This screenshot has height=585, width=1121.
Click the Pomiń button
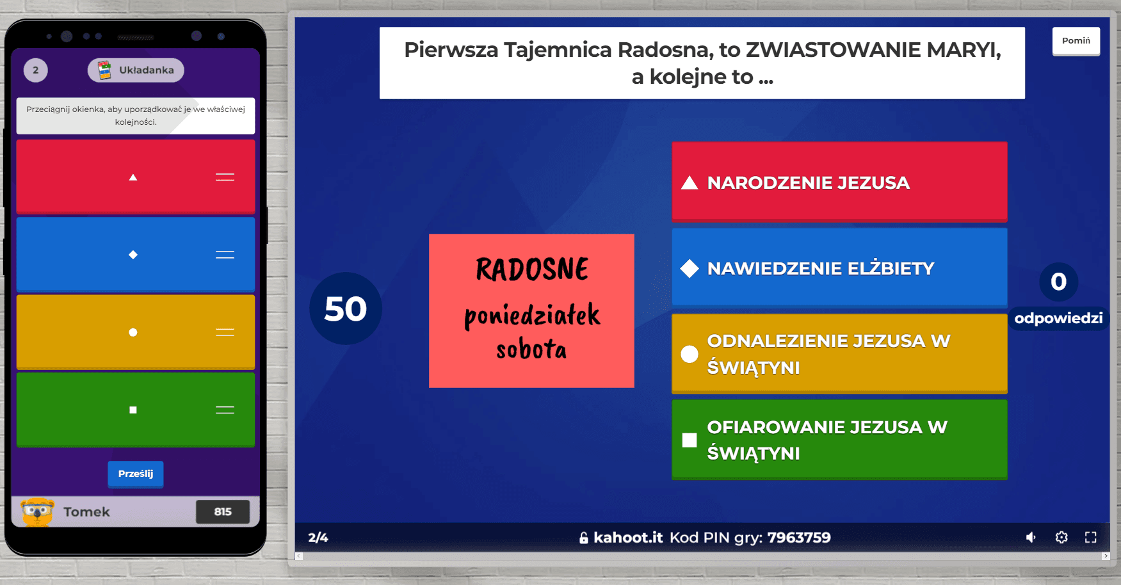point(1076,41)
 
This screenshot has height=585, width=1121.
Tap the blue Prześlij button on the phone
point(136,474)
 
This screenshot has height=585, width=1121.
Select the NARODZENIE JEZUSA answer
point(839,182)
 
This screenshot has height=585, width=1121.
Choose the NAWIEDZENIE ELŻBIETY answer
point(839,268)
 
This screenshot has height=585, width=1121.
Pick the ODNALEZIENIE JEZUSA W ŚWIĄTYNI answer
point(839,354)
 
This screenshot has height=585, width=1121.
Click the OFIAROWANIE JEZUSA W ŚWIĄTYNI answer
point(839,440)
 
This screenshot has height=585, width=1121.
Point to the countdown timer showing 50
point(346,309)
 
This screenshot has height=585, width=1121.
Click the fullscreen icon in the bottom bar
point(1091,537)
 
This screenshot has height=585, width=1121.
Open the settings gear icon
point(1061,537)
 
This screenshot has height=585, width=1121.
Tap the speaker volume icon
point(1031,537)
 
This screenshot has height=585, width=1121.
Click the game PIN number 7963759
point(799,538)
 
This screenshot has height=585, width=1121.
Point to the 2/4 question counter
point(318,538)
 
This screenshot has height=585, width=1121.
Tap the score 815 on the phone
point(223,511)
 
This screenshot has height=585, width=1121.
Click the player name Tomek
point(86,512)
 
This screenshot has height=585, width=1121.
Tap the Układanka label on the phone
point(147,70)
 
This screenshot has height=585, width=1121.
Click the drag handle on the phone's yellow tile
point(225,332)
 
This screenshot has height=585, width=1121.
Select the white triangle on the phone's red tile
point(133,177)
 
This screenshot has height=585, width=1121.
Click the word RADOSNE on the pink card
point(532,269)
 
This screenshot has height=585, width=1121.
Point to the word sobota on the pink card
point(531,349)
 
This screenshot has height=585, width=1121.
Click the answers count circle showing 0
point(1059,282)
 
